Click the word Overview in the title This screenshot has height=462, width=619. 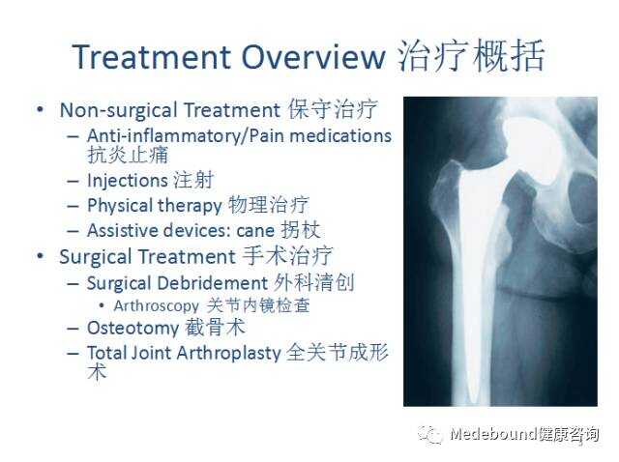pyautogui.click(x=313, y=57)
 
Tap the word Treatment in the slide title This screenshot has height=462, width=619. pyautogui.click(x=151, y=57)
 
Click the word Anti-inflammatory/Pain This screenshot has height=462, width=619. pyautogui.click(x=186, y=136)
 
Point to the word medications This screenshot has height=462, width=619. pyautogui.click(x=340, y=135)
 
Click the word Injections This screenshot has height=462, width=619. pyautogui.click(x=128, y=181)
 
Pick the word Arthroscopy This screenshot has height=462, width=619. pyautogui.click(x=157, y=306)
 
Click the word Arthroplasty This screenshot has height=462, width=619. pyautogui.click(x=228, y=354)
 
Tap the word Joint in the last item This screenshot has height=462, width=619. pyautogui.click(x=151, y=353)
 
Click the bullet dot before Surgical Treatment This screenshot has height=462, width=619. pyautogui.click(x=40, y=256)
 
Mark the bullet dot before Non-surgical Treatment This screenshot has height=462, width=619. pyautogui.click(x=40, y=109)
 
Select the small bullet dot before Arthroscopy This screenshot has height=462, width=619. pyautogui.click(x=102, y=305)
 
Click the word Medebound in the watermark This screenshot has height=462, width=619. pyautogui.click(x=493, y=434)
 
